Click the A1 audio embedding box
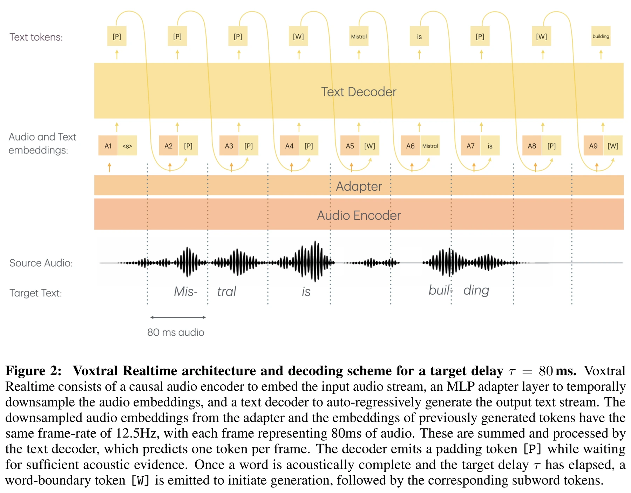tap(108, 146)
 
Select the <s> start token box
tap(127, 146)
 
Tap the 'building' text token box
tap(601, 36)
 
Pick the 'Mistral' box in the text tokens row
tap(359, 36)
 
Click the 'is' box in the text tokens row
tap(419, 36)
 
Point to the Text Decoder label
tap(359, 92)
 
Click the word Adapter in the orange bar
tap(359, 186)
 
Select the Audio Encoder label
tap(359, 215)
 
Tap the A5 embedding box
tap(350, 146)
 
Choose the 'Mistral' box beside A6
tap(430, 146)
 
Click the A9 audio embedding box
tap(593, 146)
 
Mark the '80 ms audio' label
tap(176, 332)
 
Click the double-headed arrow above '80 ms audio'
tap(178, 317)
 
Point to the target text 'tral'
tap(226, 292)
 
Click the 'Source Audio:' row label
tap(41, 263)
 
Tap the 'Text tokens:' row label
tap(36, 37)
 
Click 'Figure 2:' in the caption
tap(33, 371)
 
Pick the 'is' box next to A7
tap(490, 146)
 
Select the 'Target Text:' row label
tap(36, 293)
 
